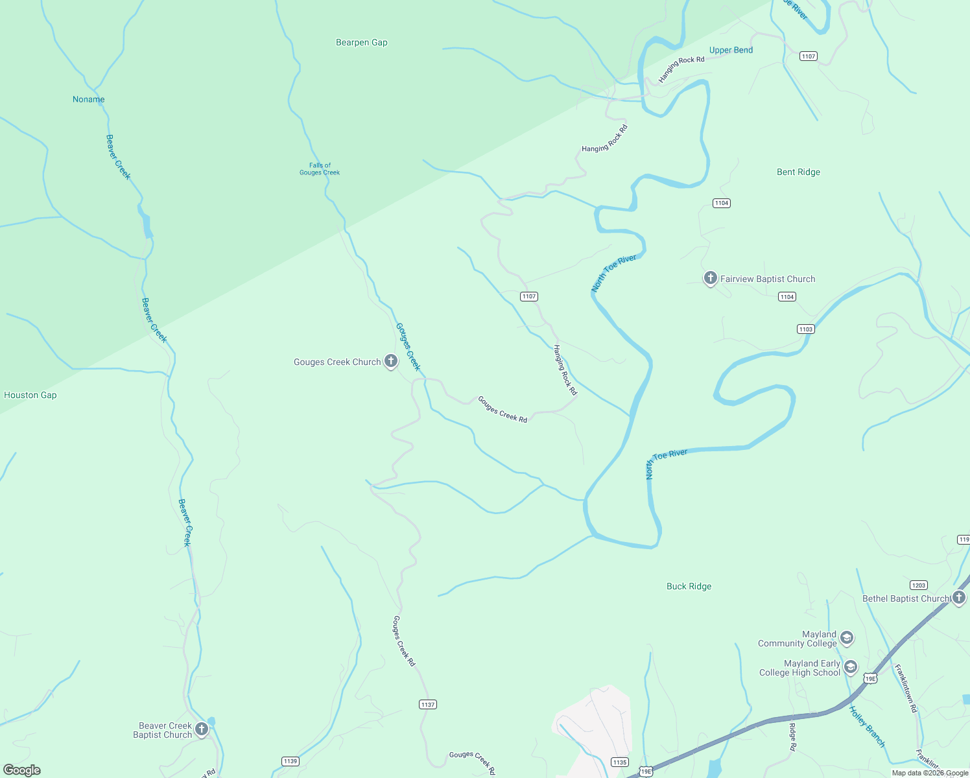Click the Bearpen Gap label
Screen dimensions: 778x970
[x=361, y=43]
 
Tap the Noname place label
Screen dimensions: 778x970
[x=88, y=99]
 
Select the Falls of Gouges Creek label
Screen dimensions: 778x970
[x=320, y=169]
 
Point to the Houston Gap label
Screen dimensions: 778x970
[x=30, y=395]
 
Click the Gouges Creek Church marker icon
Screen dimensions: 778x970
[x=391, y=361]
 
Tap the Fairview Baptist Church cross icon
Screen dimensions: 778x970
[x=711, y=279]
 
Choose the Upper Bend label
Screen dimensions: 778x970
[x=731, y=50]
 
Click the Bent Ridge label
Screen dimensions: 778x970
[x=798, y=172]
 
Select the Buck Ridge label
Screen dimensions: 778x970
[x=689, y=586]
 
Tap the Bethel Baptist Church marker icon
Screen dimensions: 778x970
[x=959, y=597]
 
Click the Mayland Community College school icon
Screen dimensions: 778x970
[x=846, y=639]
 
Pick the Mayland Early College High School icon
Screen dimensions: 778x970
[x=851, y=667]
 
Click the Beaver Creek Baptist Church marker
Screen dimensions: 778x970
[x=202, y=729]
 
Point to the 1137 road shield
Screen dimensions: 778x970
[x=428, y=704]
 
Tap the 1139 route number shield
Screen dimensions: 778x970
[x=290, y=761]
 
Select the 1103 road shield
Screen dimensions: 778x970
[x=805, y=329]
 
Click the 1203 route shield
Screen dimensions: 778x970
[x=918, y=585]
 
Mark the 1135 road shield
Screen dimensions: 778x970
[x=619, y=762]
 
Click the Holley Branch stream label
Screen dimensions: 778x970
[x=867, y=727]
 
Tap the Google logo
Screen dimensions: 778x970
[x=22, y=770]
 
